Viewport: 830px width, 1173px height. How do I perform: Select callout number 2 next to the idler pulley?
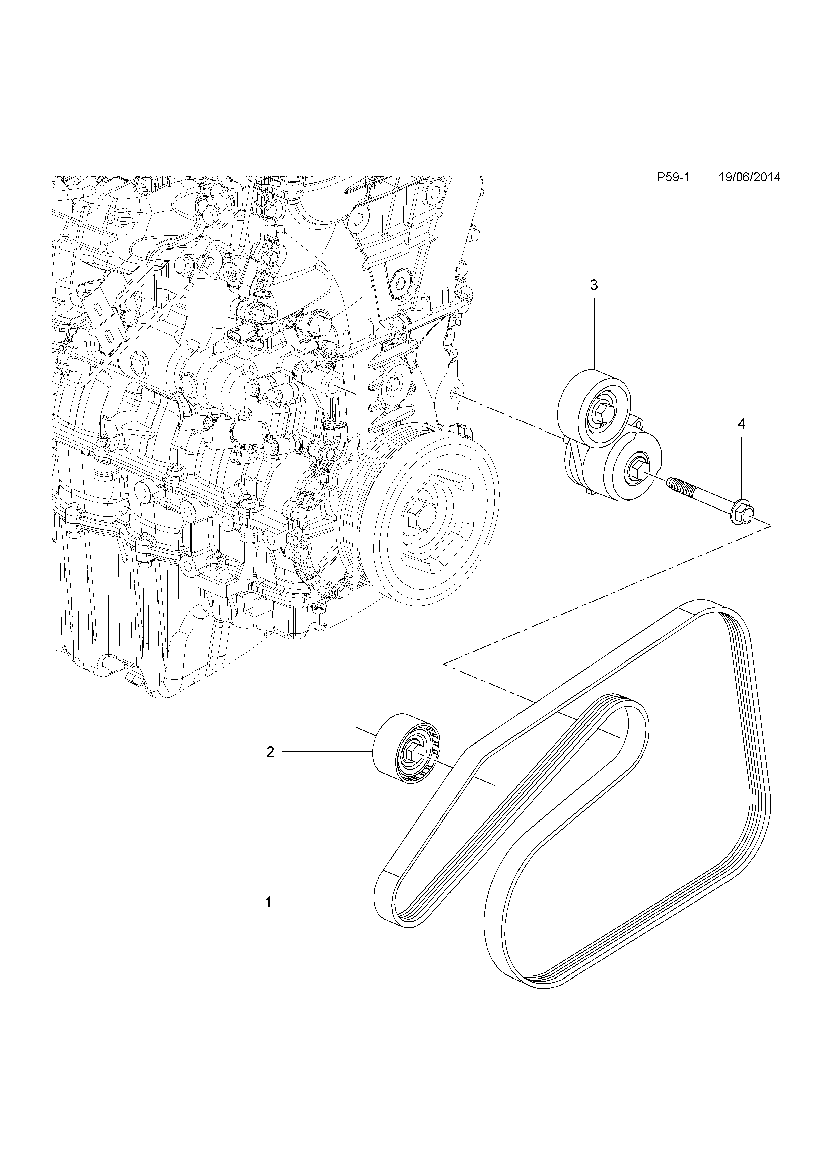click(270, 752)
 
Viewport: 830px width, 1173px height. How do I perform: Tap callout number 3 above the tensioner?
click(594, 285)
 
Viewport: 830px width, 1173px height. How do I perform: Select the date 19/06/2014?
click(749, 177)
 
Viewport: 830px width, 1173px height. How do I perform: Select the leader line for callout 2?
click(327, 752)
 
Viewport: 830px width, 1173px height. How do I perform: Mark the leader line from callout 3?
click(594, 332)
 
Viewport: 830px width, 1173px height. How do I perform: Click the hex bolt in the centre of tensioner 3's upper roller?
click(603, 410)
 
